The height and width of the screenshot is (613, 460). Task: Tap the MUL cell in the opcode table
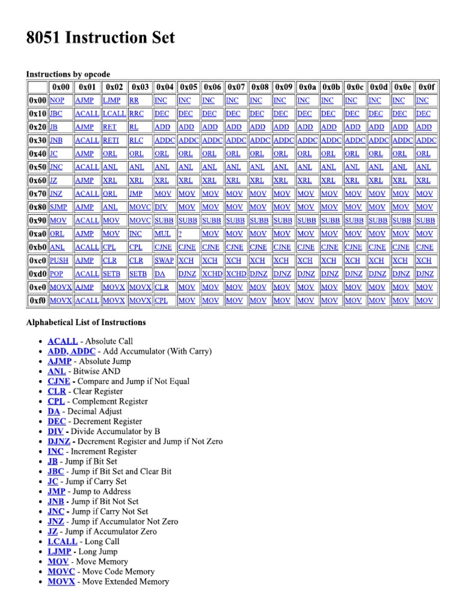pyautogui.click(x=162, y=234)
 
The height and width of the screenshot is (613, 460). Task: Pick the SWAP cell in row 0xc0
pyautogui.click(x=164, y=260)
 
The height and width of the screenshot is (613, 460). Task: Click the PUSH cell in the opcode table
pyautogui.click(x=59, y=260)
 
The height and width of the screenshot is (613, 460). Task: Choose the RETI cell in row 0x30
pyautogui.click(x=111, y=140)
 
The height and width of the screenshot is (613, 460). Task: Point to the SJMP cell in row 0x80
pyautogui.click(x=58, y=207)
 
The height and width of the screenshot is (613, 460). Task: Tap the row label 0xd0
pyautogui.click(x=37, y=274)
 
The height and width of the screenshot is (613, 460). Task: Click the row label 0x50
pyautogui.click(x=37, y=167)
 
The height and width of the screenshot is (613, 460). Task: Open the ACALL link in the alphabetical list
pyautogui.click(x=63, y=341)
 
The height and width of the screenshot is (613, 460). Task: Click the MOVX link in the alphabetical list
pyautogui.click(x=61, y=581)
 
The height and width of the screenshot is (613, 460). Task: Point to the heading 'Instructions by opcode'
pyautogui.click(x=68, y=74)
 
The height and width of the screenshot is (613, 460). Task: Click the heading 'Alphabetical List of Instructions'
pyautogui.click(x=86, y=322)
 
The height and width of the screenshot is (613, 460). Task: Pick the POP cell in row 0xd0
pyautogui.click(x=56, y=274)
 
